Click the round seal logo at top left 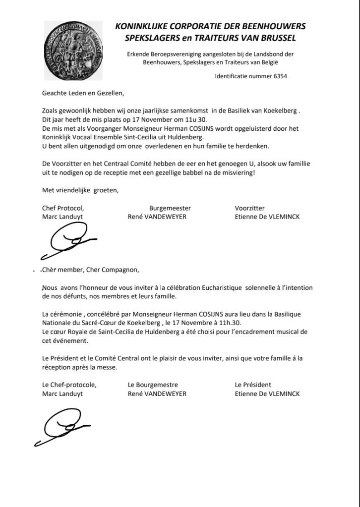pos(74,51)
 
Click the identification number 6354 pos(278,76)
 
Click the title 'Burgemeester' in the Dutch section pos(170,208)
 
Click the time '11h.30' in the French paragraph pos(230,323)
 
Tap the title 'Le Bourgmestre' pos(153,385)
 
